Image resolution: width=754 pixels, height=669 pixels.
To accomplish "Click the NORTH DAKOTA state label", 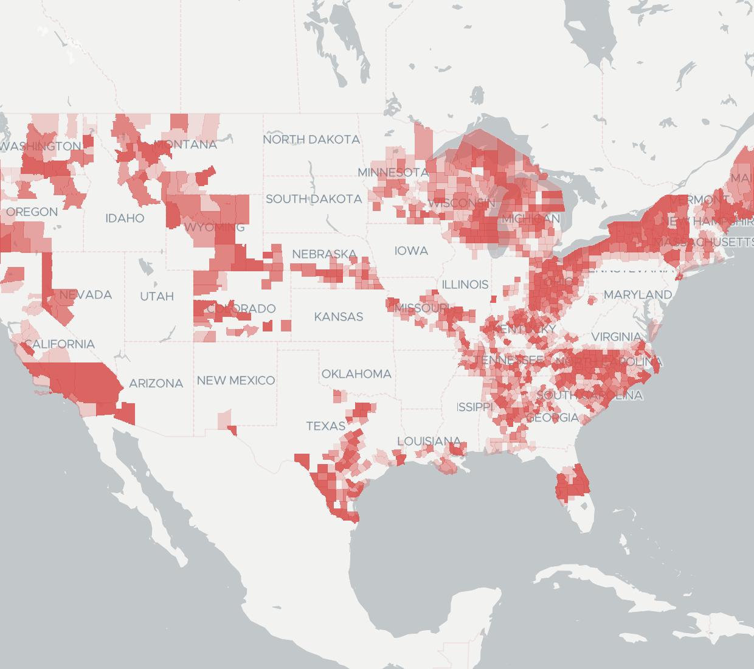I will pos(311,139).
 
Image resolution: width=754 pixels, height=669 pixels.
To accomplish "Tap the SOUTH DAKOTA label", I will pos(313,199).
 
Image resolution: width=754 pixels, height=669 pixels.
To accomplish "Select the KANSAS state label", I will pos(339,316).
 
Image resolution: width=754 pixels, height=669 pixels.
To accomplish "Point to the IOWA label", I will pos(411,251).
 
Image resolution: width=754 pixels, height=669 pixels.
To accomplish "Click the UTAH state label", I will pos(157,296).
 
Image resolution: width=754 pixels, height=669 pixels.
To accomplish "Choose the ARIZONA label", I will pos(156,383).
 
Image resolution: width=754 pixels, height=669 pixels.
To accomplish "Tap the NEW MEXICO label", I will pos(236,380).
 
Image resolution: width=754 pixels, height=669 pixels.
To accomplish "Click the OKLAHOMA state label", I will pos(356,373).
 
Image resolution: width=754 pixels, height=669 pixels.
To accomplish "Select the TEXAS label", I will pos(326,426).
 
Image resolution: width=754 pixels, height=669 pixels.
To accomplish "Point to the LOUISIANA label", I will pos(429,441).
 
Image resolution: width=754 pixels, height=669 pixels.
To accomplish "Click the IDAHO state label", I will pos(125,218).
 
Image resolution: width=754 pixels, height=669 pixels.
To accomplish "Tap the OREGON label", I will pos(32,212).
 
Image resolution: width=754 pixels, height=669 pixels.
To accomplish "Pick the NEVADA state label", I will pos(86,294).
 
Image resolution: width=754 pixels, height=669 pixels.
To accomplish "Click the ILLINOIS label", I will pos(465,284).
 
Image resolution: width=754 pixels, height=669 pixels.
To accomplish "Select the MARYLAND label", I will pos(638,294).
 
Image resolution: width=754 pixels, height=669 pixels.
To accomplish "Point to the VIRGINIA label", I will pos(616,336).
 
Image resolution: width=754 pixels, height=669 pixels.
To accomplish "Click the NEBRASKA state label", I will pos(324,254).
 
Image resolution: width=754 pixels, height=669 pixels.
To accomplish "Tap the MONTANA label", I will pos(185,145).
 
